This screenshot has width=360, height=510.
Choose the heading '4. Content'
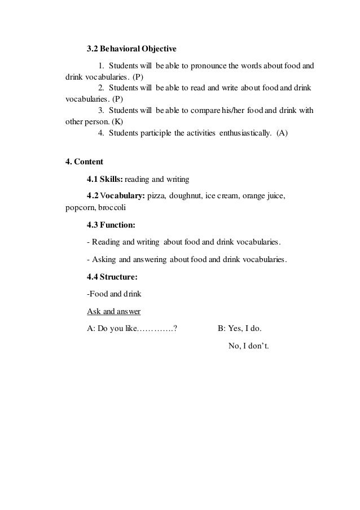pyautogui.click(x=85, y=162)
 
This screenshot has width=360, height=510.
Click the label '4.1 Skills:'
pyautogui.click(x=105, y=180)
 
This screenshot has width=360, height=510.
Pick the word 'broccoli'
pyautogui.click(x=112, y=207)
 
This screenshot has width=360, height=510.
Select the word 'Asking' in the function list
pyautogui.click(x=102, y=260)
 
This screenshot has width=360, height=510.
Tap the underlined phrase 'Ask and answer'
pyautogui.click(x=113, y=311)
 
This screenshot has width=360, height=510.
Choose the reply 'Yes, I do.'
pyautogui.click(x=244, y=329)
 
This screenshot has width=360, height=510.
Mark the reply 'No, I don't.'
pyautogui.click(x=249, y=346)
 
